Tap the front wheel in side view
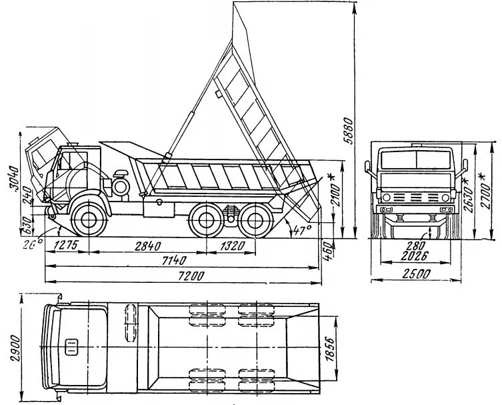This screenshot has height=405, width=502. [x=87, y=216]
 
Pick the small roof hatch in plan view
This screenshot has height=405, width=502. [x=71, y=347]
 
